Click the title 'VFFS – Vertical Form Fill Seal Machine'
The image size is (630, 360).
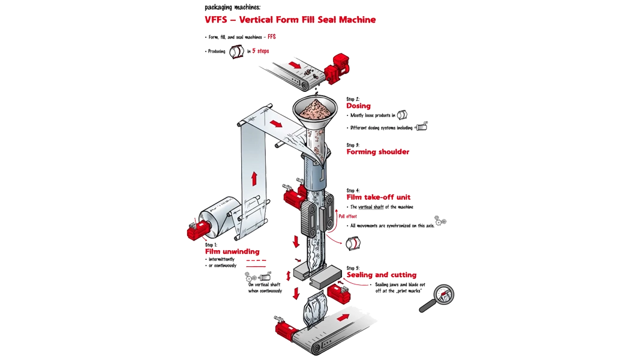point(290,20)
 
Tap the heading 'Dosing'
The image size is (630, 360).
point(358,106)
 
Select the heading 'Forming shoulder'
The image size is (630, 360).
point(377,152)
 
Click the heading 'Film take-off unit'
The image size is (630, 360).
point(379,197)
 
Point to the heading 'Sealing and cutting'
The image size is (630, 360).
point(381,275)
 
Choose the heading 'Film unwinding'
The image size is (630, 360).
point(232,251)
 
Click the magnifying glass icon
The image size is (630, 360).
point(437,298)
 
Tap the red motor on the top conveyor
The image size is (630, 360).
point(337,67)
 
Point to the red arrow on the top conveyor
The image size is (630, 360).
point(295,65)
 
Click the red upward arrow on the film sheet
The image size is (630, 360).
point(254,179)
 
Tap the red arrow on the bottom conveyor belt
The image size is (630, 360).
point(343,317)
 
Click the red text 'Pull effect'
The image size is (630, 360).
point(347,216)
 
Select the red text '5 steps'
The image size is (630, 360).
point(260,51)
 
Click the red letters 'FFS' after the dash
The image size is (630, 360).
point(272,37)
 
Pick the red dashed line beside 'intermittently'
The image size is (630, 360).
point(256,260)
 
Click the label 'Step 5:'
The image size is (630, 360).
point(353,268)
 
